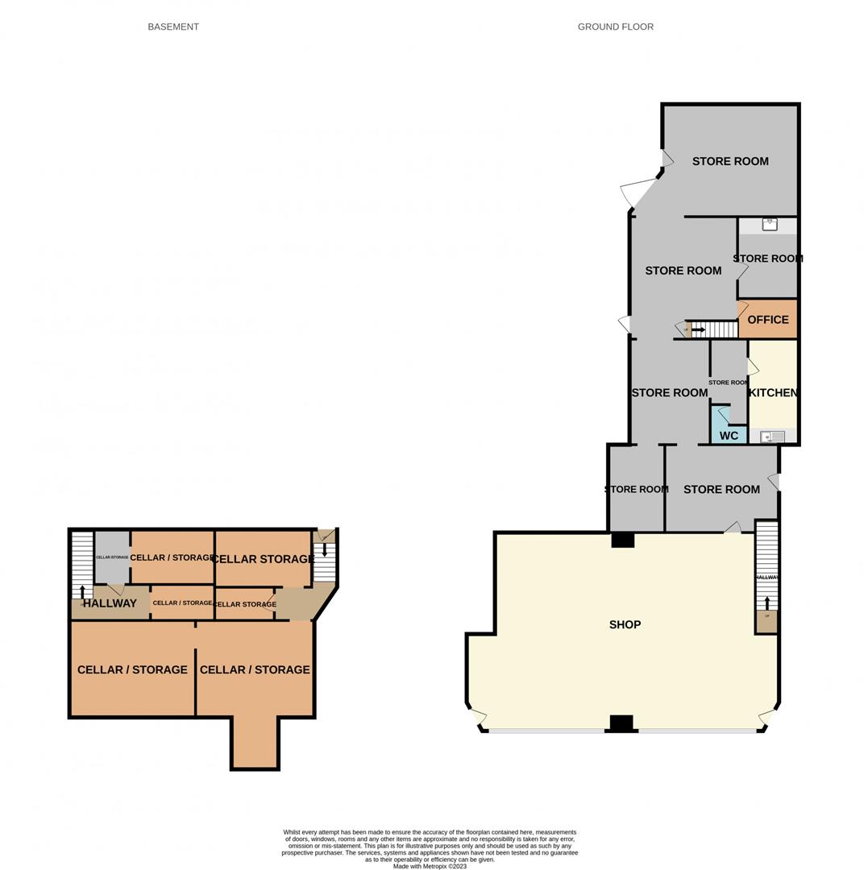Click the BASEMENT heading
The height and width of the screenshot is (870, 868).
point(173,27)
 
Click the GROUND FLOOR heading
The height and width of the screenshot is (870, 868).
point(615,27)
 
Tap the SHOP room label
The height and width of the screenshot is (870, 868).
point(625,624)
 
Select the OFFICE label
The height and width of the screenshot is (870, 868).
point(768,320)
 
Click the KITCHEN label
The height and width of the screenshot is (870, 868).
point(773,392)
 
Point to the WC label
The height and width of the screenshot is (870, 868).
point(729,436)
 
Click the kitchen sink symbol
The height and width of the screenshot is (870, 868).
point(772,437)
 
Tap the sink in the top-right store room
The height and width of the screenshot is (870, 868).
point(769,224)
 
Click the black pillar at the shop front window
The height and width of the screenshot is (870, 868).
point(621,723)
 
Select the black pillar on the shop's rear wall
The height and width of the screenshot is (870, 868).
point(623,540)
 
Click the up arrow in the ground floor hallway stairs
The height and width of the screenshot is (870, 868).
point(766,603)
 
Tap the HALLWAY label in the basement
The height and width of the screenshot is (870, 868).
point(110,603)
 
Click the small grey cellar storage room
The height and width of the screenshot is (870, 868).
point(112,557)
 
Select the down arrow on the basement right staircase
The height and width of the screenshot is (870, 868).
point(325,550)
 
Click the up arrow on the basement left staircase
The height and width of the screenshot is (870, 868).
point(82,592)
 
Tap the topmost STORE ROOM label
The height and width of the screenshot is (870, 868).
point(730,161)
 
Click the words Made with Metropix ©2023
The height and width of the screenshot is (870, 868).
point(430,866)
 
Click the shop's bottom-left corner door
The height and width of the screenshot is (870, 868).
point(478,715)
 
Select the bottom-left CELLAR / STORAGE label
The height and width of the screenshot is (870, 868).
point(132,669)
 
